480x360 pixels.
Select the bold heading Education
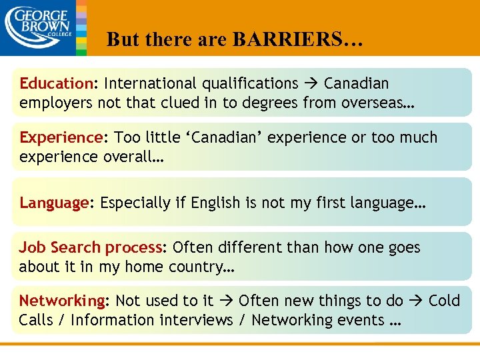click(x=57, y=84)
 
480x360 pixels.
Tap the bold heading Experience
click(x=60, y=138)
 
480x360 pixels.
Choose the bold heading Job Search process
click(x=91, y=248)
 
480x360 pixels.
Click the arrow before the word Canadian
click(x=311, y=84)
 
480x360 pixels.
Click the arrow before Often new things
click(x=225, y=301)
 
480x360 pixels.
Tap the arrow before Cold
click(x=415, y=301)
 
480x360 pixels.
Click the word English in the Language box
click(x=215, y=203)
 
